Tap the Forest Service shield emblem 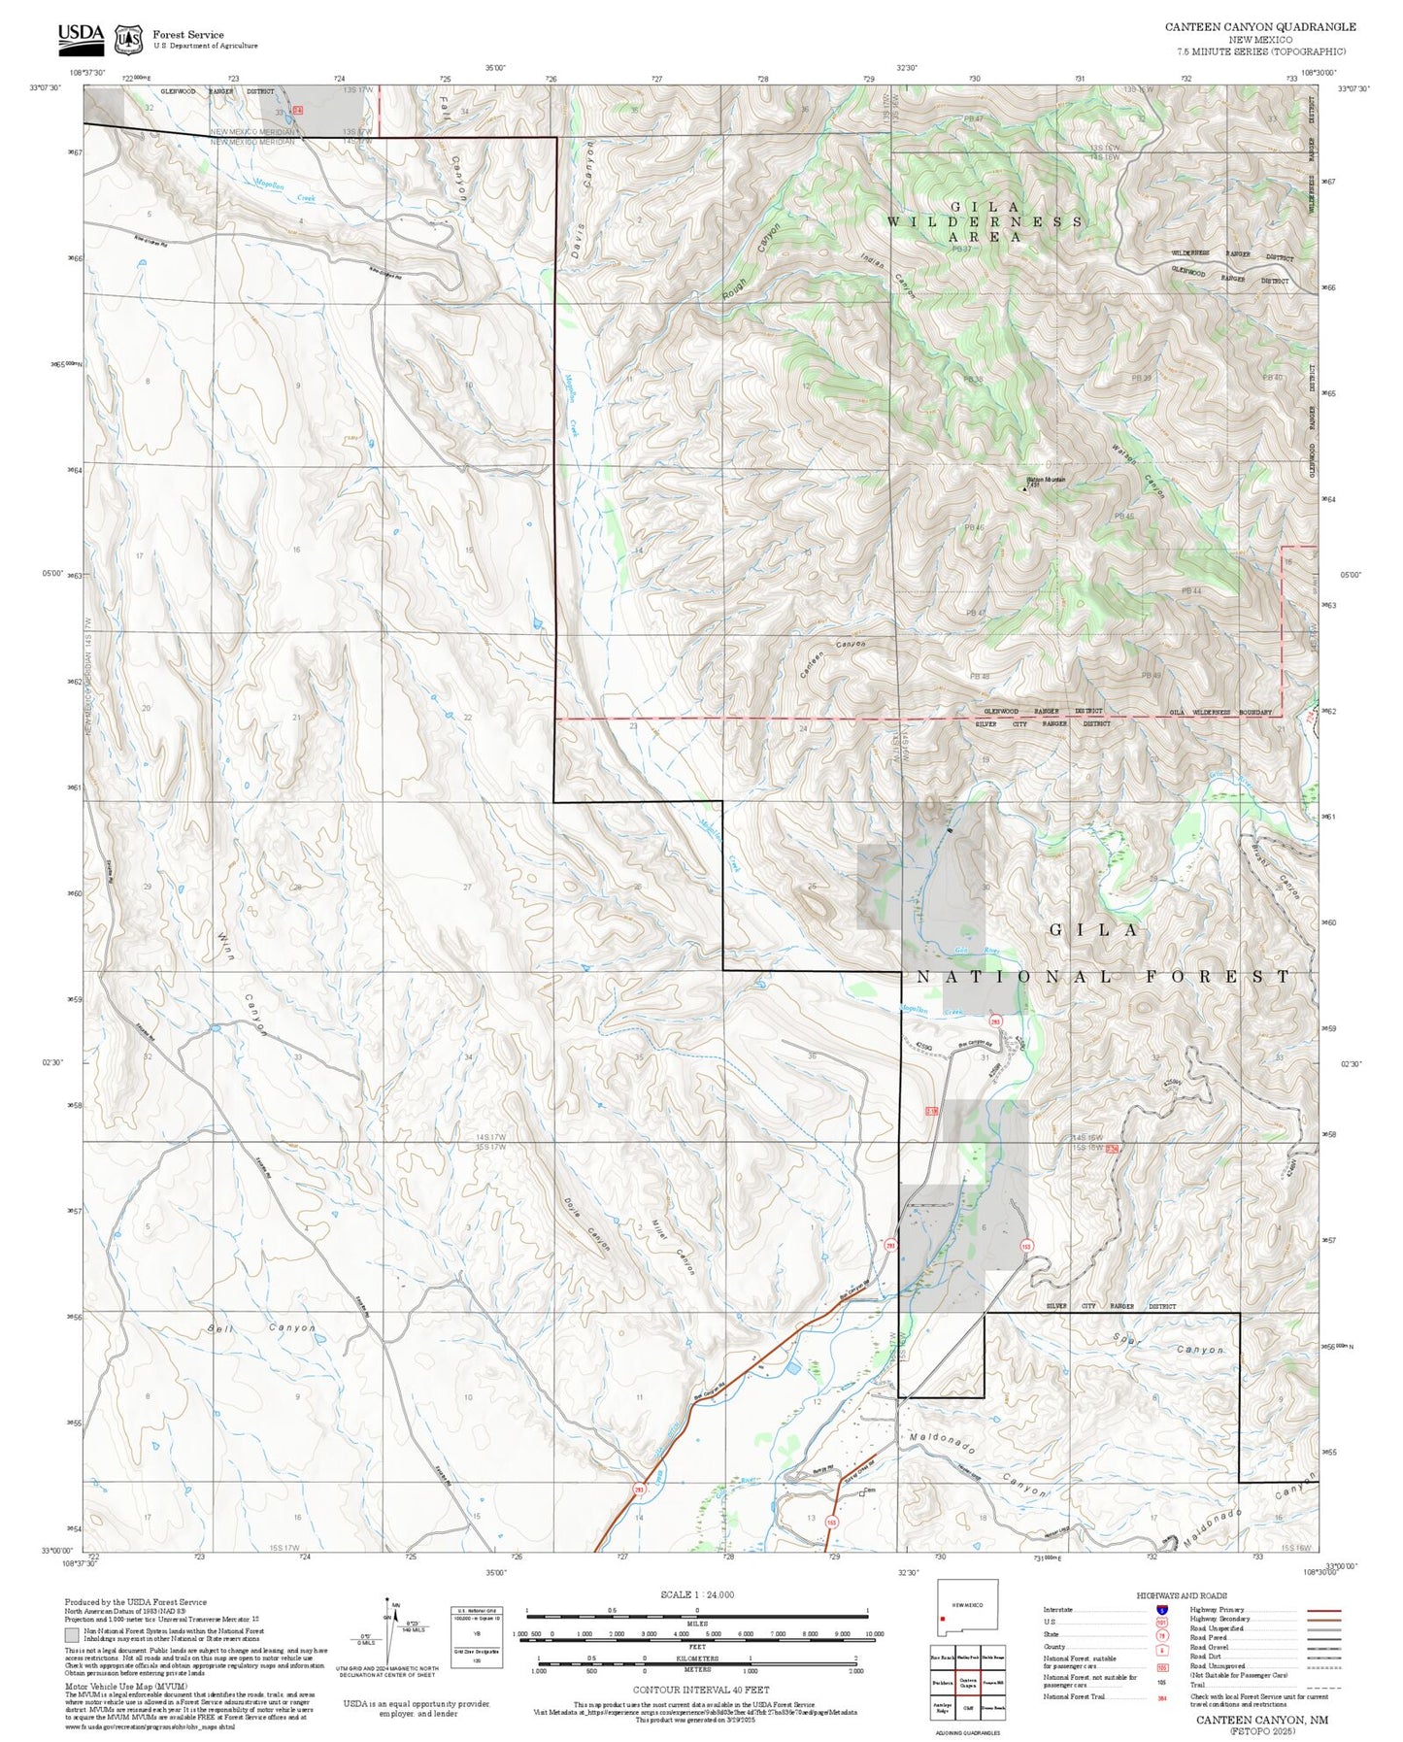(127, 39)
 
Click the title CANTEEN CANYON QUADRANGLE (1260, 27)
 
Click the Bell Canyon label (261, 1327)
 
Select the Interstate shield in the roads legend (1161, 1609)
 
